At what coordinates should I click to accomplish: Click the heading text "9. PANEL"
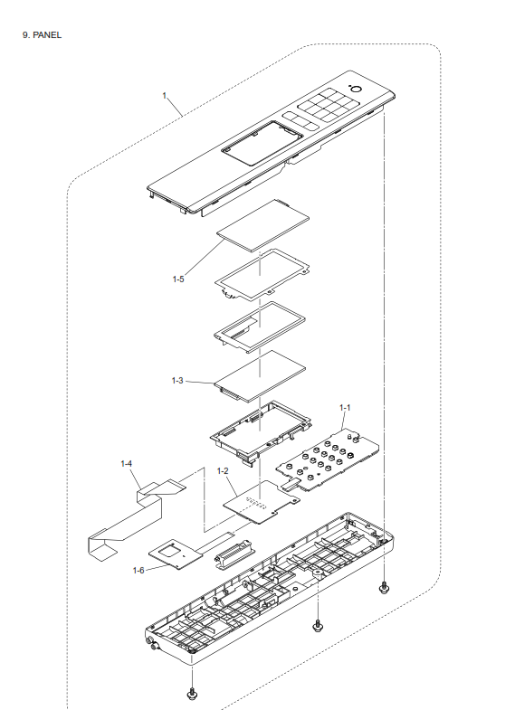(x=42, y=35)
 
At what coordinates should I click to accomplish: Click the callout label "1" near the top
(x=165, y=96)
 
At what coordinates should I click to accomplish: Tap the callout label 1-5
(x=178, y=279)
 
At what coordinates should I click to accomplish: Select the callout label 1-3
(x=177, y=381)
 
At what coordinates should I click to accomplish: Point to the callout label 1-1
(x=345, y=408)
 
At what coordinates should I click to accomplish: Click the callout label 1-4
(x=127, y=464)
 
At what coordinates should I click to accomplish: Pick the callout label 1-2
(x=223, y=471)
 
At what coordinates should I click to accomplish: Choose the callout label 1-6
(x=138, y=570)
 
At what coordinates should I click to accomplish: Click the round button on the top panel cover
(x=356, y=90)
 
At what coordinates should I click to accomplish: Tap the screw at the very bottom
(x=192, y=694)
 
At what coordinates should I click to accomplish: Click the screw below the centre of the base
(x=318, y=626)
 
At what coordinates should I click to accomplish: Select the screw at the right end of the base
(x=384, y=588)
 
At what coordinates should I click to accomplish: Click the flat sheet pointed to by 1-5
(x=263, y=225)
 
